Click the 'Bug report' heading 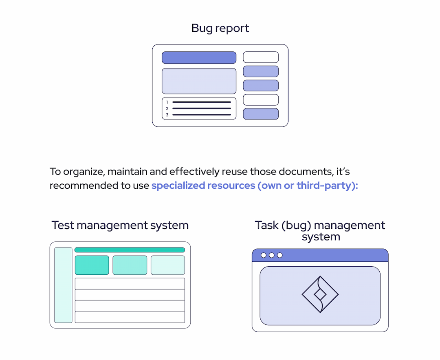pos(220,29)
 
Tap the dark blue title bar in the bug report pos(199,57)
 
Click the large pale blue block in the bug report pos(199,81)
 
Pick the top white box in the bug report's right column pos(261,57)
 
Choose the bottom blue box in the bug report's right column pos(261,114)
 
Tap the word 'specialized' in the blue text pos(178,186)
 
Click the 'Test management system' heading pos(120,225)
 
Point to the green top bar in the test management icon pos(130,250)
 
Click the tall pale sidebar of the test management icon pos(63,285)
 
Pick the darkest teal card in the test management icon pos(92,265)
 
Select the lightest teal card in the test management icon pos(167,265)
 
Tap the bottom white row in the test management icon pos(130,317)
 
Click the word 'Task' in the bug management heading pos(267,225)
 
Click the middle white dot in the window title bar pos(271,255)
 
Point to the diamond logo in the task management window pos(320,294)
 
